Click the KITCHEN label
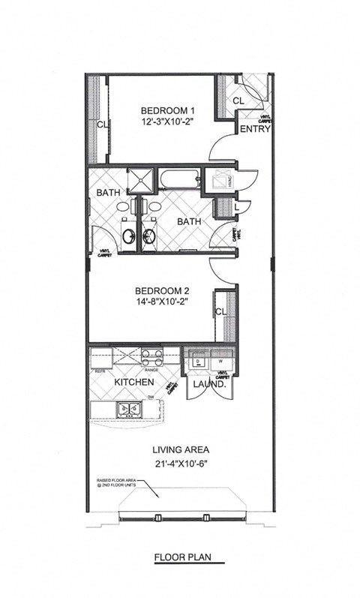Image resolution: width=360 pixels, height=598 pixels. click(134, 383)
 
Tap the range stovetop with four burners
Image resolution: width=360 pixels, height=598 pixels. click(153, 356)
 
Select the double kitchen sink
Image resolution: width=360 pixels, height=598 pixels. click(128, 410)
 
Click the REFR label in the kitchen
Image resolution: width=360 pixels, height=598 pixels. click(99, 371)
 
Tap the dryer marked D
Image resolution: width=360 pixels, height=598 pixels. click(198, 362)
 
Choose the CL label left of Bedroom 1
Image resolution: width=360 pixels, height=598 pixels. click(100, 125)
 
